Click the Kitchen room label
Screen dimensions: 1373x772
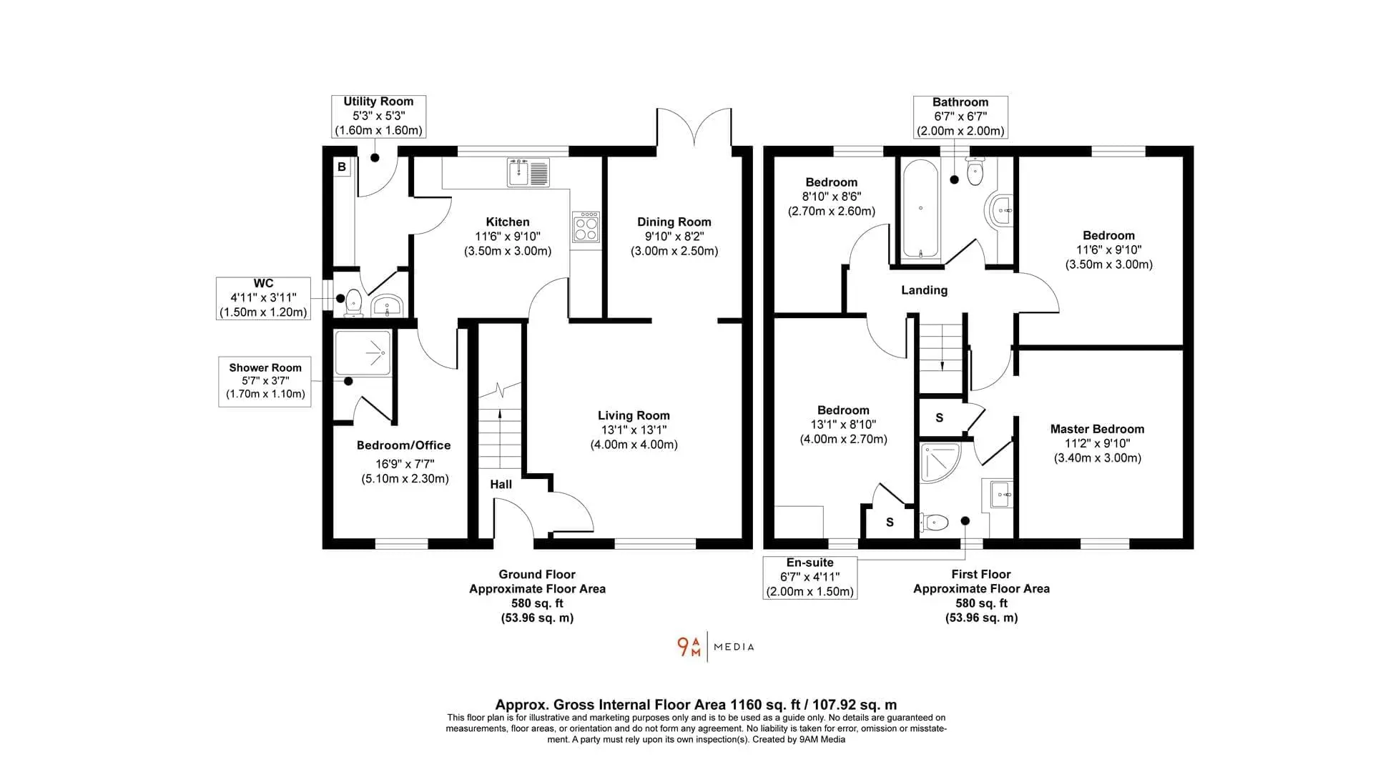(x=508, y=222)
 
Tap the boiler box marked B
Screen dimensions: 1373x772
(x=342, y=167)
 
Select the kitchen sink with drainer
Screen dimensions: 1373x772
(x=528, y=172)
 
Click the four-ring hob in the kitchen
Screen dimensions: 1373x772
(x=586, y=227)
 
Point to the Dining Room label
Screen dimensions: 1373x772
(x=674, y=222)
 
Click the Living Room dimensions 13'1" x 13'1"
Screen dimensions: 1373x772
(x=634, y=430)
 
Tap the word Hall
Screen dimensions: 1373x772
(x=501, y=484)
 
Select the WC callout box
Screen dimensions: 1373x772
(x=263, y=298)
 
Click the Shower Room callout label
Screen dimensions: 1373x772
(x=265, y=367)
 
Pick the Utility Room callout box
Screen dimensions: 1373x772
(x=378, y=117)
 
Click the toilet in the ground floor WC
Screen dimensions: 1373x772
(x=353, y=302)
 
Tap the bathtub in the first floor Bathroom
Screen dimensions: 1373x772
(x=920, y=209)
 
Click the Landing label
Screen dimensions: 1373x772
(x=924, y=290)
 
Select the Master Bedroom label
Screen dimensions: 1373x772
(x=1097, y=429)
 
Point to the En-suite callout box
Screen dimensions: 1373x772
(x=810, y=578)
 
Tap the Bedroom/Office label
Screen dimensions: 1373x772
(x=404, y=445)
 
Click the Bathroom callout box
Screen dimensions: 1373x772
(x=960, y=117)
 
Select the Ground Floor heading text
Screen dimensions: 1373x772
(x=537, y=574)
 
